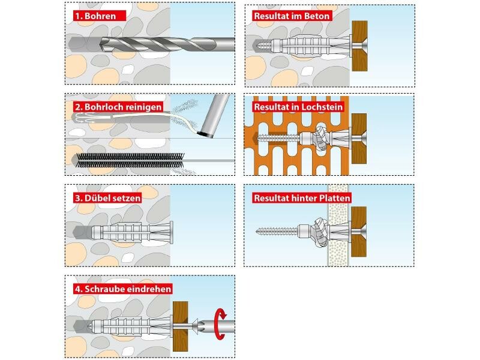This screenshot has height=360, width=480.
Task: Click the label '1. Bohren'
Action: point(95,16)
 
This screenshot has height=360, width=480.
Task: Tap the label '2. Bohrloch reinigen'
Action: point(118,107)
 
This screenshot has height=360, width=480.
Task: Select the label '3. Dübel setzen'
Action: point(108,198)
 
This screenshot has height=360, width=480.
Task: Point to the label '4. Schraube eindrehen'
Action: point(123,289)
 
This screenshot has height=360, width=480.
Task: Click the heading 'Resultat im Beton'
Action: point(292,16)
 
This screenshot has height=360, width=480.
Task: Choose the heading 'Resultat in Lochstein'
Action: point(298,107)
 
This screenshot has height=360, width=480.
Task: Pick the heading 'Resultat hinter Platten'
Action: point(302,198)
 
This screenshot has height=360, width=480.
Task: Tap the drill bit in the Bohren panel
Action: point(167,44)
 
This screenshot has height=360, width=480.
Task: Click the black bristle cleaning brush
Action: point(130,160)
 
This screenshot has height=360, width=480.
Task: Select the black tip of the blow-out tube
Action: point(206,134)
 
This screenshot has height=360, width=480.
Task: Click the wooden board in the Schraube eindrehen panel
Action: point(181,326)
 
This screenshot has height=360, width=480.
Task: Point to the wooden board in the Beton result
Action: point(359,46)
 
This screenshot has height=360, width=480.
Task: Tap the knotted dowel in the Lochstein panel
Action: point(321,139)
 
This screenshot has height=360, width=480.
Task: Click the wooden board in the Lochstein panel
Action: point(359,139)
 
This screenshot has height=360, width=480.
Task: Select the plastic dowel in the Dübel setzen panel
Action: point(132,233)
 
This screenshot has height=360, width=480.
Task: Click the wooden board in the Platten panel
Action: point(359,232)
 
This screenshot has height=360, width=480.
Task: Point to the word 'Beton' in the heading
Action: point(318,16)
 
